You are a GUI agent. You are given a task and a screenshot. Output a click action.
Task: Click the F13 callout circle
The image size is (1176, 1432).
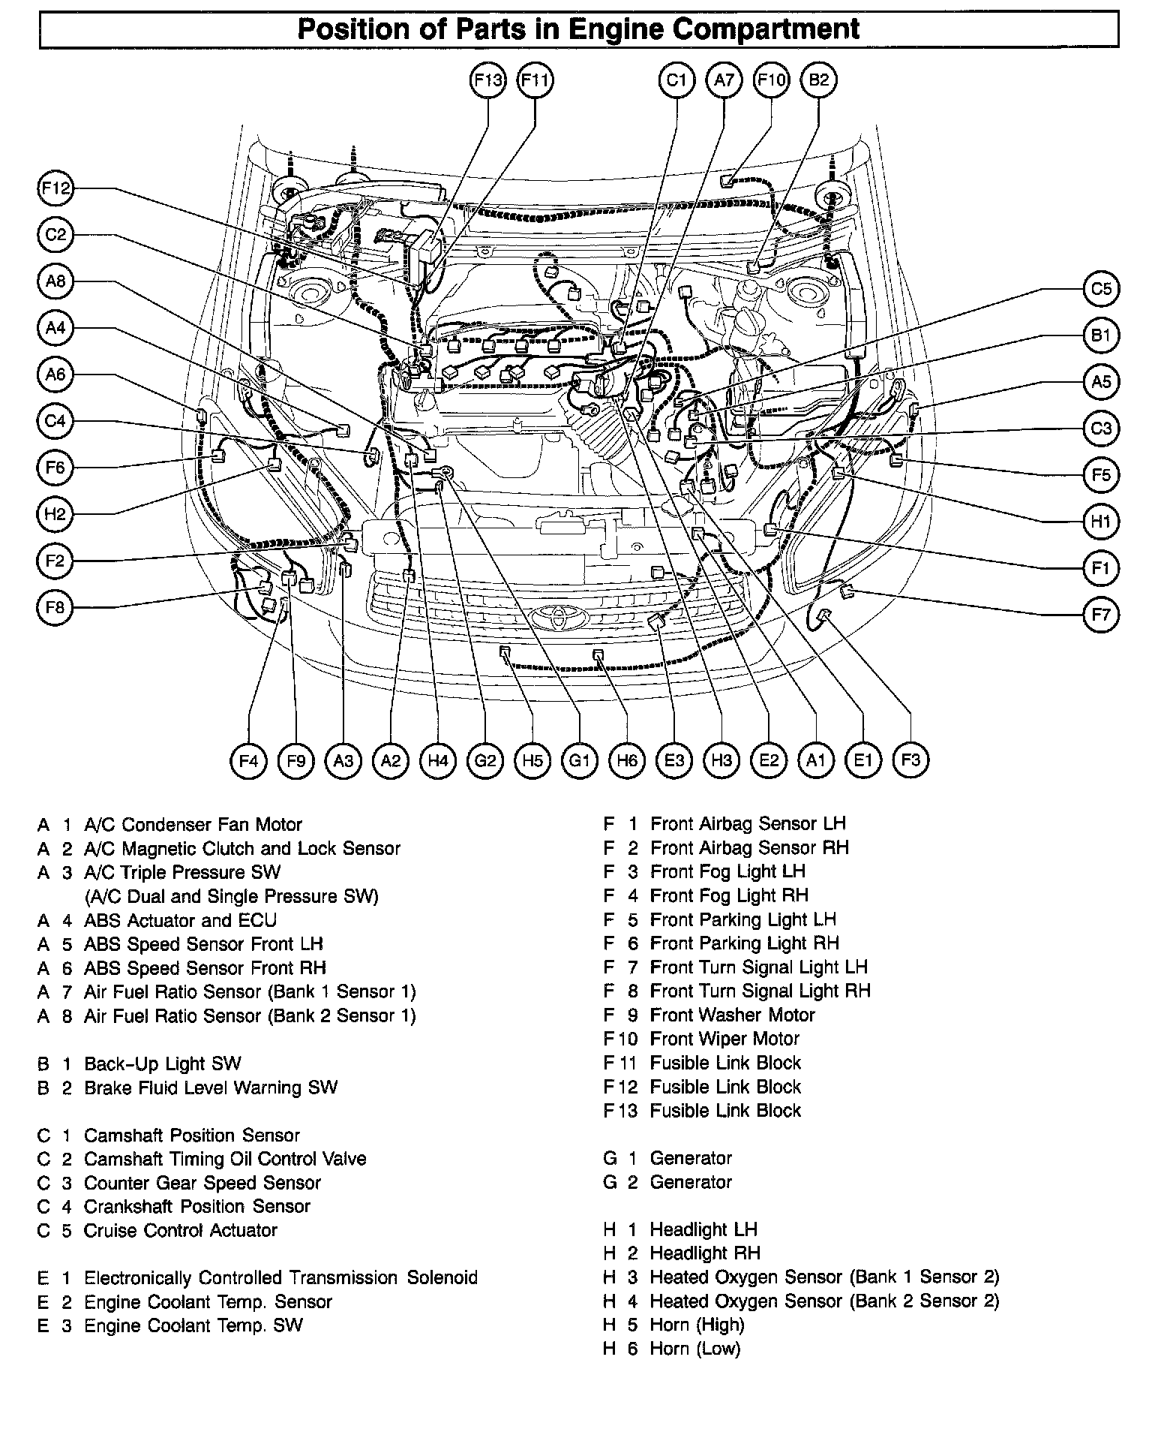487,80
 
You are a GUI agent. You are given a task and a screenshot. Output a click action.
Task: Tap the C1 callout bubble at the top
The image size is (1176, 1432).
676,80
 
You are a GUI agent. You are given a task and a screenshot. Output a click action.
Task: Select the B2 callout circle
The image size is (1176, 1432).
819,80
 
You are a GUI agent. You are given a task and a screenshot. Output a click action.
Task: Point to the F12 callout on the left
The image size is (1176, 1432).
55,188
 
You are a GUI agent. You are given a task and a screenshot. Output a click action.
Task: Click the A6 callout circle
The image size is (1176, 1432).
55,374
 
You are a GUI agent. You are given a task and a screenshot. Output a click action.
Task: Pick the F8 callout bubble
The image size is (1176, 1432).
55,607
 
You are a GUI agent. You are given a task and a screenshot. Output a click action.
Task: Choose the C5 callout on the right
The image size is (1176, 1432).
1100,289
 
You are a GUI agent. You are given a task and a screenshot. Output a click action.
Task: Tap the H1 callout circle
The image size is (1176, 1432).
1100,522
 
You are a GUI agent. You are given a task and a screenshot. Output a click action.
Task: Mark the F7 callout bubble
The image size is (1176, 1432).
1100,615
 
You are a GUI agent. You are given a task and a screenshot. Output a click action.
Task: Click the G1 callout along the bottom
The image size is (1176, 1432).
580,761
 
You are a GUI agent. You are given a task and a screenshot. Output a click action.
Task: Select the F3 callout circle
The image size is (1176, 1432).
910,760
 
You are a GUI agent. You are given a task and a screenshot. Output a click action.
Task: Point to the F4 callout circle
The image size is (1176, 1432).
248,761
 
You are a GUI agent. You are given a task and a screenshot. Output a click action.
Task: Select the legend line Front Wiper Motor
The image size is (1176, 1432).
724,1039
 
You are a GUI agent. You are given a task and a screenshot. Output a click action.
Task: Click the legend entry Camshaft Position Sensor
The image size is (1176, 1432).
191,1135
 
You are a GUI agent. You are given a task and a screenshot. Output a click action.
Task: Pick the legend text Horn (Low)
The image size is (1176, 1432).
694,1349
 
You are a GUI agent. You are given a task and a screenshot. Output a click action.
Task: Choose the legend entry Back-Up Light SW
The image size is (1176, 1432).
162,1063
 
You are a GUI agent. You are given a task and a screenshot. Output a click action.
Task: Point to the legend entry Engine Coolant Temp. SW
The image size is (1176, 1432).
193,1325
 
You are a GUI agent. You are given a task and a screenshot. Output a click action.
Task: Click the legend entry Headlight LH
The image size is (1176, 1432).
703,1229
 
